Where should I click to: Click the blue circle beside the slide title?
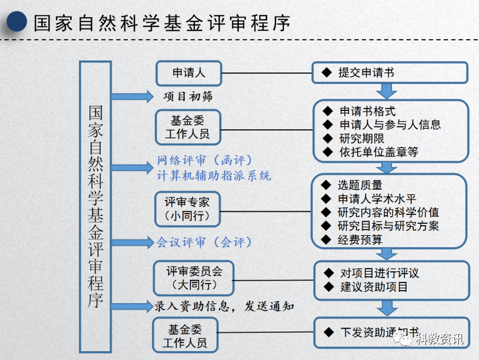(17, 21)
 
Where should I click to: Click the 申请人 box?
(189, 73)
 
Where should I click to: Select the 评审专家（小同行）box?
(187, 209)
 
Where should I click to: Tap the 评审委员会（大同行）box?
(193, 278)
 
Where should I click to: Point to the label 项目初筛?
(188, 96)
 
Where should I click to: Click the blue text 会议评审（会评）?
(204, 242)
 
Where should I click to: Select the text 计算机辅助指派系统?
(214, 176)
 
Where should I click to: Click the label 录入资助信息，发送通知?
(224, 306)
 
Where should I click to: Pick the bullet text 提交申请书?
(366, 73)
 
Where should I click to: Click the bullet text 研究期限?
(362, 139)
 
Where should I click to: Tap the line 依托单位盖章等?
(379, 152)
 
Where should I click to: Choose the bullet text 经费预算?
(360, 240)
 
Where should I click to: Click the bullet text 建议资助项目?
(374, 287)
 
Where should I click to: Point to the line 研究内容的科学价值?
(388, 212)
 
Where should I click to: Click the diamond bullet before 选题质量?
(326, 185)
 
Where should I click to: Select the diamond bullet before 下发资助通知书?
(329, 332)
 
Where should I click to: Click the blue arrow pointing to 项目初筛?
(132, 96)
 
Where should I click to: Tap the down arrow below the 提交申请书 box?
(387, 91)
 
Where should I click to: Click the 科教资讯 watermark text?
(439, 339)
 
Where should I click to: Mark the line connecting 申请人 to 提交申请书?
(267, 73)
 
